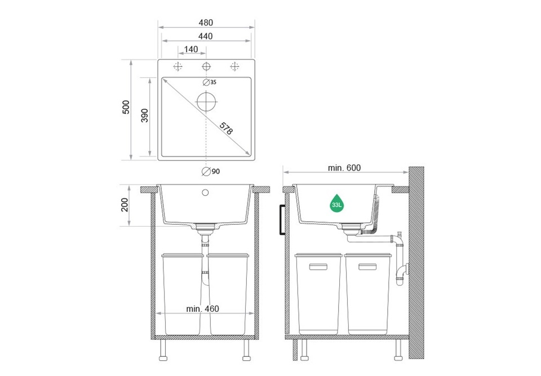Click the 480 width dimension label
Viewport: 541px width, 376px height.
[206, 23]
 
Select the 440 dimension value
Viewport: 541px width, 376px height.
[205, 36]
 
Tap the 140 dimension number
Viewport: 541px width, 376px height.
[191, 50]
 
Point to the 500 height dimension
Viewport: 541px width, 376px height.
[126, 107]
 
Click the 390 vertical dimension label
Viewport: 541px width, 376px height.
[145, 115]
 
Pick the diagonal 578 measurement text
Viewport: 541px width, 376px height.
[227, 128]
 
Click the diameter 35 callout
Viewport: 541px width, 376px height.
[210, 82]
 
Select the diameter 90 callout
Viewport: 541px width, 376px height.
[211, 171]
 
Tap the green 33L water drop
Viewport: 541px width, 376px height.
[336, 203]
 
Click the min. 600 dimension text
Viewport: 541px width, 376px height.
[344, 168]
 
